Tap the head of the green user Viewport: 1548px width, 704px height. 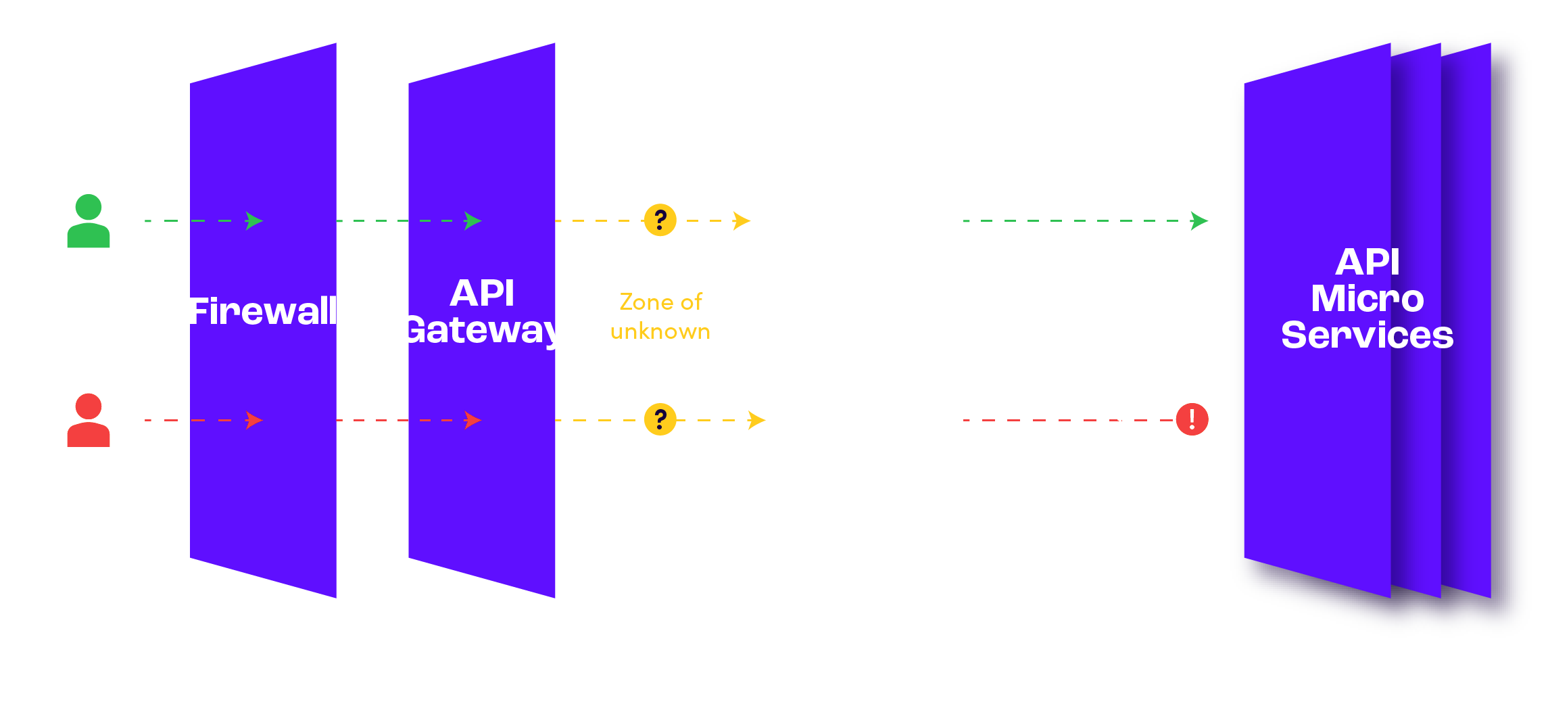(89, 207)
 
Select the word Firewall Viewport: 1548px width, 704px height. (264, 312)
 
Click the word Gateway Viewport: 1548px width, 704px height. (482, 331)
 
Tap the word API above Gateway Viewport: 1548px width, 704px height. (482, 294)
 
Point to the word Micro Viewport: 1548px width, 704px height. (1367, 299)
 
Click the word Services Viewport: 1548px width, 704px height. (1367, 335)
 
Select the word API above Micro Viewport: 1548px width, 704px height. (1367, 262)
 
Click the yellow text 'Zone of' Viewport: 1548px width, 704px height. (660, 302)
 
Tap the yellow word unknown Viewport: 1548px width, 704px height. (660, 332)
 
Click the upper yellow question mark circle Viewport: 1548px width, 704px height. (660, 220)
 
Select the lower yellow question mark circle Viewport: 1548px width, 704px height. (660, 419)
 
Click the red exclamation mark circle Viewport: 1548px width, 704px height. (1192, 419)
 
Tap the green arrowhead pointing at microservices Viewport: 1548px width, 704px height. (1199, 221)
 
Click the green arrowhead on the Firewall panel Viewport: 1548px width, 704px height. (253, 221)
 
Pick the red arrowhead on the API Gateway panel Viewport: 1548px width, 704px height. (472, 420)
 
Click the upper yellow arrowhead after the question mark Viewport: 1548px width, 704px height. (741, 220)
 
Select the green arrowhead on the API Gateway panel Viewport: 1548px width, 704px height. (472, 221)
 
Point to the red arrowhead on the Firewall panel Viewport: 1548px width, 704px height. (253, 420)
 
